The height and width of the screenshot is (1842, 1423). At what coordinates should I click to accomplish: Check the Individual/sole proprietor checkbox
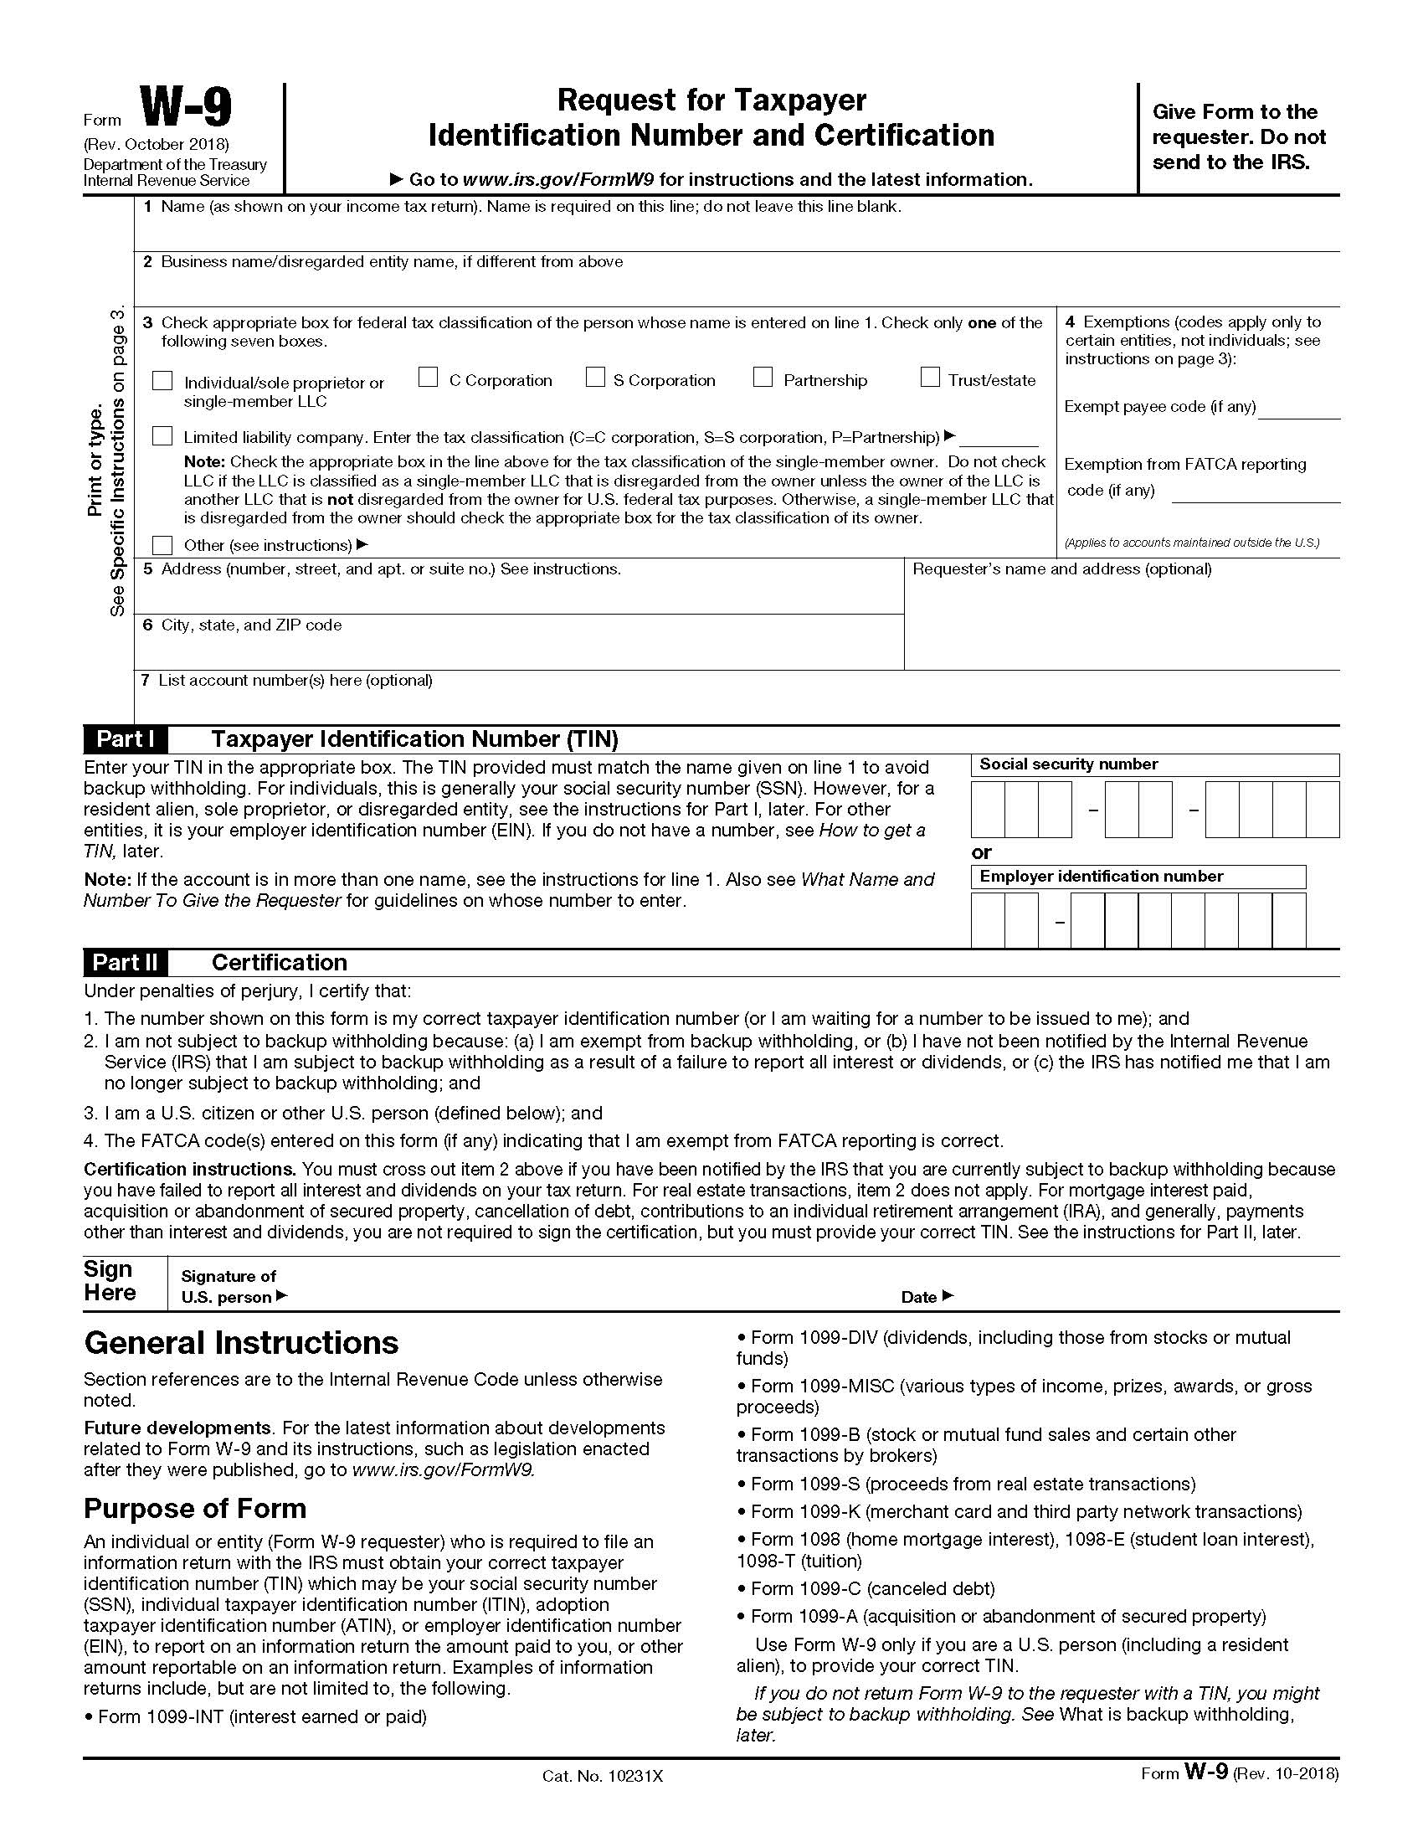coord(162,381)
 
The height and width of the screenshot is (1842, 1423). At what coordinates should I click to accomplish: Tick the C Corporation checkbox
coord(429,378)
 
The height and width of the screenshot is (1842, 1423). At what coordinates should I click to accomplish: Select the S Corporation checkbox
coord(595,378)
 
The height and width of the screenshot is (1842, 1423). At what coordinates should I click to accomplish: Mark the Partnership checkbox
coord(763,378)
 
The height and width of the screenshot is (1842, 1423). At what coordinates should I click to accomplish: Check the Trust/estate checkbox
coord(930,378)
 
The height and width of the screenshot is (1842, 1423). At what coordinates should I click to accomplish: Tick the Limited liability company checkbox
coord(162,436)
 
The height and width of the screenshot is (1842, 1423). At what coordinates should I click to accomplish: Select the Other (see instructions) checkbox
coord(162,545)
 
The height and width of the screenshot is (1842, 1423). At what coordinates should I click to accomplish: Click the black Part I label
coord(125,739)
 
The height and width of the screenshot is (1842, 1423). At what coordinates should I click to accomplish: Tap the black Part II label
coord(125,962)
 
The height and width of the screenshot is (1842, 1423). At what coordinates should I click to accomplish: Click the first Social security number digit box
coord(988,810)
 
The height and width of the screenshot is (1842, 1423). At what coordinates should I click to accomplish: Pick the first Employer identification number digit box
coord(988,920)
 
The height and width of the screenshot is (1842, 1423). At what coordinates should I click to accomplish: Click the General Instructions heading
coord(241,1343)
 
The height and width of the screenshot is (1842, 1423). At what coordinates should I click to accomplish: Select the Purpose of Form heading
coord(195,1508)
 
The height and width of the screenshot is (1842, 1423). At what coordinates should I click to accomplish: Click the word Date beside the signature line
coord(919,1297)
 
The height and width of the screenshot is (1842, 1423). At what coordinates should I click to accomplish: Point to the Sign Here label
coord(110,1281)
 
